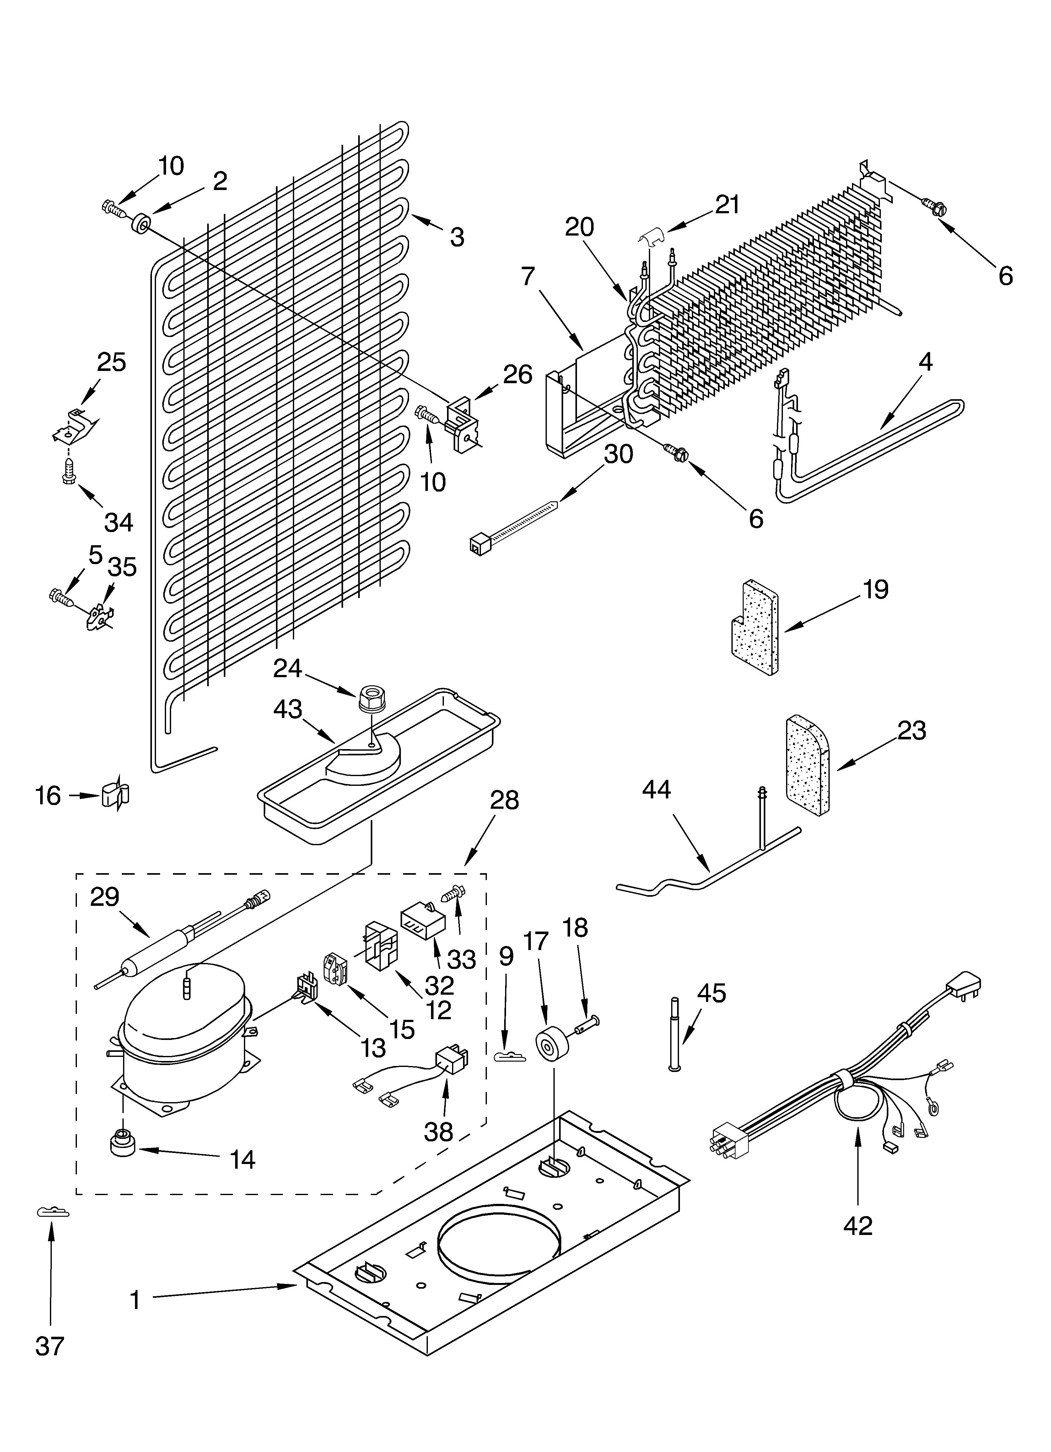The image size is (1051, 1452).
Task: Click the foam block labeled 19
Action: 755,628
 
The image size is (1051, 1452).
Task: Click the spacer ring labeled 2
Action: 140,224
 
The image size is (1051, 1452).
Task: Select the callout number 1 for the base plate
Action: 135,1300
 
